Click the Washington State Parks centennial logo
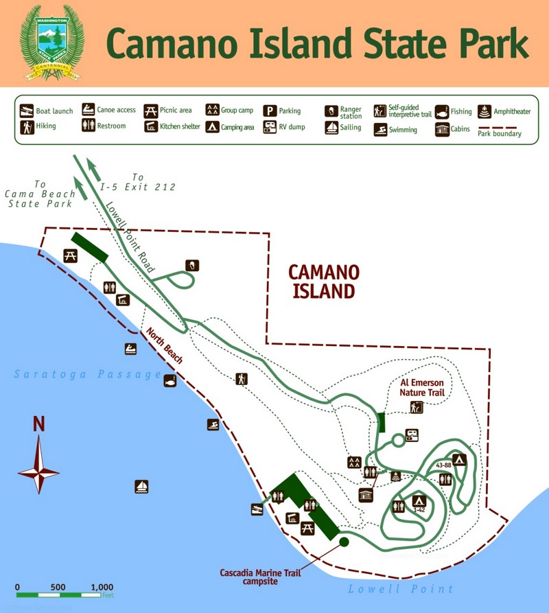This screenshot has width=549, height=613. (52, 43)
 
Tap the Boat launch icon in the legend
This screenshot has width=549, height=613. (27, 111)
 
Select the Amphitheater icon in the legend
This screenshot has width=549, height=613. (485, 111)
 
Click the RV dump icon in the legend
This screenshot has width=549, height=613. (270, 127)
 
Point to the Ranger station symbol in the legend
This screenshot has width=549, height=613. (332, 111)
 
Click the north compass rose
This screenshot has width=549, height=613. (38, 470)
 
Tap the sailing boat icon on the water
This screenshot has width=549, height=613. (141, 486)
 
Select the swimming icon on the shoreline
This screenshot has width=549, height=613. (213, 425)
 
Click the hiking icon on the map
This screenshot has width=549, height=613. (241, 378)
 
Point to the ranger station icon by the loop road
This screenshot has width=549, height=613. (193, 265)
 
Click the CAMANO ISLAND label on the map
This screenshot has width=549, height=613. (324, 281)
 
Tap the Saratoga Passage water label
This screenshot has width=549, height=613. (88, 374)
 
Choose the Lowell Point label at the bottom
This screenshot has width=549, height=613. (401, 589)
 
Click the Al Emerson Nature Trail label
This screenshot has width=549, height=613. (423, 388)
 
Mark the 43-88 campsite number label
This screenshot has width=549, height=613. (443, 465)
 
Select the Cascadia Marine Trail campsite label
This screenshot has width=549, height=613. (258, 577)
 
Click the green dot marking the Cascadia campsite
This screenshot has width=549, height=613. (344, 542)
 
